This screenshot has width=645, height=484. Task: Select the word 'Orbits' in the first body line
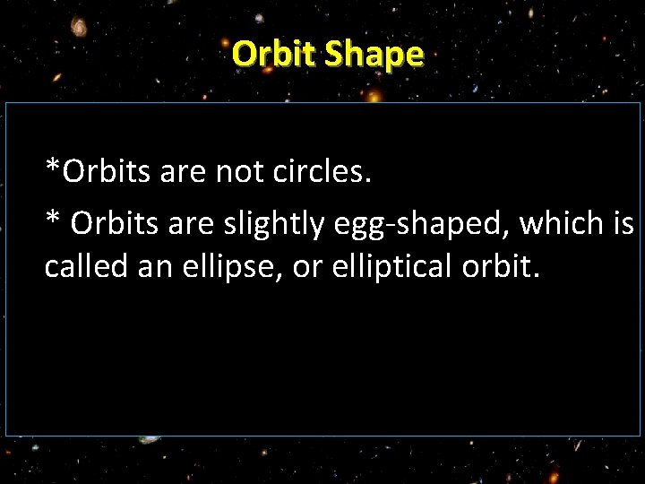107,171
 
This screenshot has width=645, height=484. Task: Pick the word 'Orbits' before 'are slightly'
114,221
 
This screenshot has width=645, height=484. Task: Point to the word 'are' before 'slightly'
189,221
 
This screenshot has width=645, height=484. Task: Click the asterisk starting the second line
52,218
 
